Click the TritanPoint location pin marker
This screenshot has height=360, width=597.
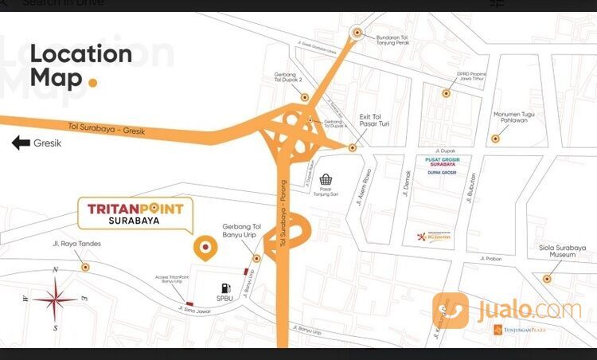[x=205, y=248]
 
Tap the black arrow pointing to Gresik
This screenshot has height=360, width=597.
[x=21, y=143]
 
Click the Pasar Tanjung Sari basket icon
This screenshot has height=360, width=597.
[x=325, y=182]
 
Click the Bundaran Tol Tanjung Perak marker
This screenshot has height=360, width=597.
[x=357, y=33]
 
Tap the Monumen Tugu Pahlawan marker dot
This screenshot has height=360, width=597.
[x=495, y=139]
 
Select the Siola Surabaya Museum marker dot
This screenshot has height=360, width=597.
[x=547, y=278]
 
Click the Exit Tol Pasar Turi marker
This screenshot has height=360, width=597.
[x=352, y=147]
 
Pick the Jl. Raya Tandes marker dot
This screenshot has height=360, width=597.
[x=85, y=267]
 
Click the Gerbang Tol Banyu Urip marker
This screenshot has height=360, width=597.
[x=256, y=258]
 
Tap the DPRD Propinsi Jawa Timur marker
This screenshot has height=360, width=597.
[x=447, y=93]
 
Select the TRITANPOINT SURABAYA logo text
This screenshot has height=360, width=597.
[x=135, y=213]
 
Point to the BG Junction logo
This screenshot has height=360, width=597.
[x=434, y=237]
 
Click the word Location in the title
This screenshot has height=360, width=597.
[x=81, y=54]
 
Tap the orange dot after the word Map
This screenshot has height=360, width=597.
[x=93, y=81]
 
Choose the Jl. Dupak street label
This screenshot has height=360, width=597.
[x=445, y=150]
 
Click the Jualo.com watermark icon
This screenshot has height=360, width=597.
[x=451, y=310]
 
